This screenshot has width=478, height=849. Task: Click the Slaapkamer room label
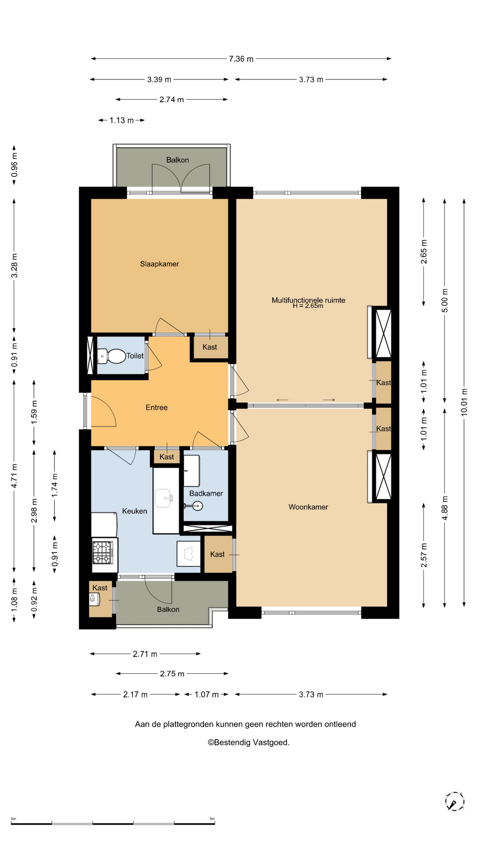pos(159,264)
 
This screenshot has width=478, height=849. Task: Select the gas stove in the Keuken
pos(103,552)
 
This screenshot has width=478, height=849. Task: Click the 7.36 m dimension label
pos(241,59)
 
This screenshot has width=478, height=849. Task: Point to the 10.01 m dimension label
pos(464,402)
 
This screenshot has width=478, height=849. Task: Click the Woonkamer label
pos(308,507)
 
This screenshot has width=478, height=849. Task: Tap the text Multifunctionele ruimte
pos(308,300)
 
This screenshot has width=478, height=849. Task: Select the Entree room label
pos(157,407)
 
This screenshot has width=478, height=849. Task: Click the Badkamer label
pos(206,493)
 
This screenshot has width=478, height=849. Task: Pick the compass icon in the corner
pos(455,801)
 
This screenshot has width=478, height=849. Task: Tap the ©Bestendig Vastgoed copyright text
pos(249,742)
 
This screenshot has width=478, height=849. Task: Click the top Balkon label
pos(177,160)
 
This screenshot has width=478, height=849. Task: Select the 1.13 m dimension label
pos(122,120)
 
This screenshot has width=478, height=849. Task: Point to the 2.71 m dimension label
pos(145,654)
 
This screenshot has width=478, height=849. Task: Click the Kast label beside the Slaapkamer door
pos(210,347)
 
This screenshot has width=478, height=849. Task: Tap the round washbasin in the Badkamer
pos(197,505)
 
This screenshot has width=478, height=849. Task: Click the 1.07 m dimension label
pos(207,694)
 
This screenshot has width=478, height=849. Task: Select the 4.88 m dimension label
pos(445,508)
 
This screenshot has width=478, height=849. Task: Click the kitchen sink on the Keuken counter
pos(164,498)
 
